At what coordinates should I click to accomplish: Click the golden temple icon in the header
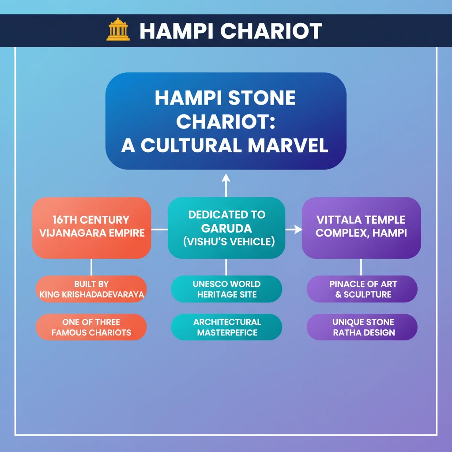coord(118,30)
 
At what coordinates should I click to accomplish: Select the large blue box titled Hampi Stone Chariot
coord(226,121)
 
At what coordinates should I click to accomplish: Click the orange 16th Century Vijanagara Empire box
coord(91,227)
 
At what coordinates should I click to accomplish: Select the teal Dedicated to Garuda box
coord(226,228)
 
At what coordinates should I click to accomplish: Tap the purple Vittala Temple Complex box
coord(361,227)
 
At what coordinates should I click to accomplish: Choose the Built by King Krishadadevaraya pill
coord(91,289)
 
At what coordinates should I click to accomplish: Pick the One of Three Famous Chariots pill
coord(91,327)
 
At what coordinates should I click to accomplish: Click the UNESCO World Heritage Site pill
coord(226,289)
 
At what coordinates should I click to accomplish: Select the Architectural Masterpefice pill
coord(226,327)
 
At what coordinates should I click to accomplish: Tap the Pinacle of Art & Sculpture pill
coord(362,289)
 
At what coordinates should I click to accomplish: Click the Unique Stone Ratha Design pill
coord(362,327)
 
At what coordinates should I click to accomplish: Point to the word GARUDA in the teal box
coord(226,229)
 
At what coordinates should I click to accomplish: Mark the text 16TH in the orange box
coord(63,220)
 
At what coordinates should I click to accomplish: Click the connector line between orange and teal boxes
coord(159,230)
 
